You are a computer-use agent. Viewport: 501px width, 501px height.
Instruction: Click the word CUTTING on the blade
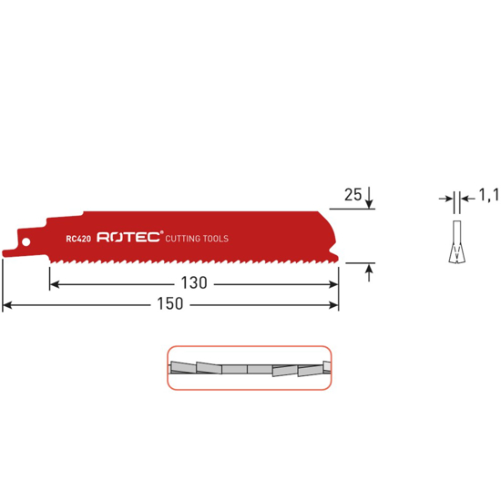184,239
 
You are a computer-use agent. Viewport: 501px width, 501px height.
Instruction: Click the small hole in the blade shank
26,241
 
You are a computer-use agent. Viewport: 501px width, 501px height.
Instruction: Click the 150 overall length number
170,305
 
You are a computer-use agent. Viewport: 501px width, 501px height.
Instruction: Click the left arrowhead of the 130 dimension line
54,284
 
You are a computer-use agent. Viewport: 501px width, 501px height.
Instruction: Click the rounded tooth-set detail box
248,368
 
